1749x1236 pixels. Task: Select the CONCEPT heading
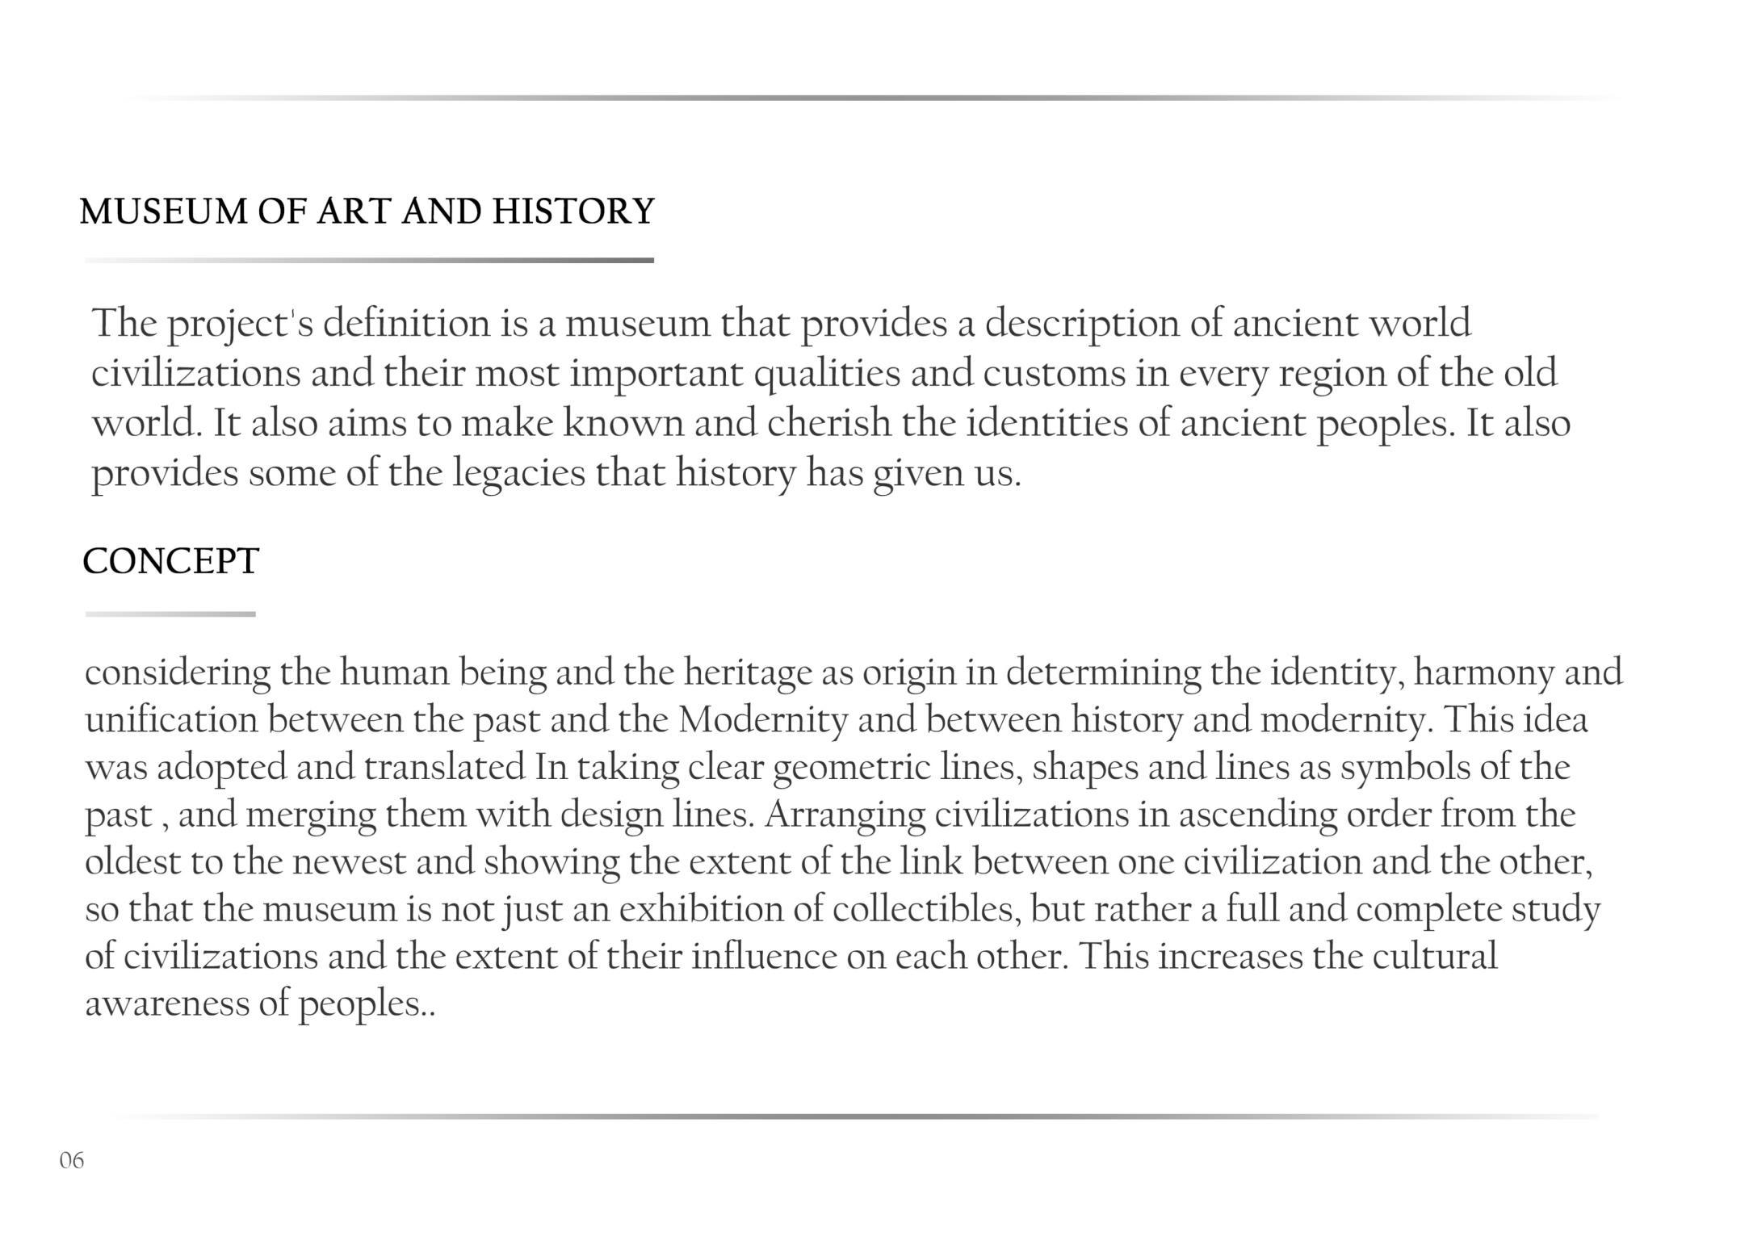pos(170,561)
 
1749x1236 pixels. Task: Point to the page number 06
pos(71,1160)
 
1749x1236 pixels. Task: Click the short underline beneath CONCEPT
pos(170,614)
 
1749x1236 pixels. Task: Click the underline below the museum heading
pos(369,261)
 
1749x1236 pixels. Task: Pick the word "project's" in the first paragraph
pos(240,325)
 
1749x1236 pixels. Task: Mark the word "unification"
pos(171,719)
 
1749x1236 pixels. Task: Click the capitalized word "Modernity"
pos(763,719)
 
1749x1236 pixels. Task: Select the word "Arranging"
pos(845,815)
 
